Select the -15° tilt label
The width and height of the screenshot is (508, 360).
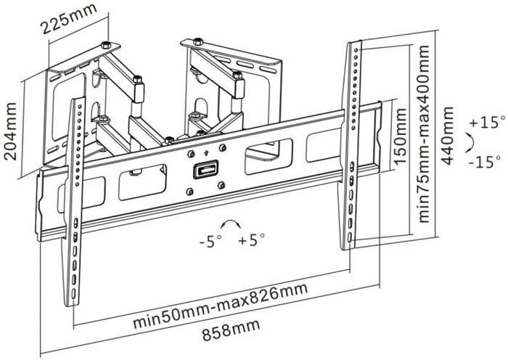pos(484,162)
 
